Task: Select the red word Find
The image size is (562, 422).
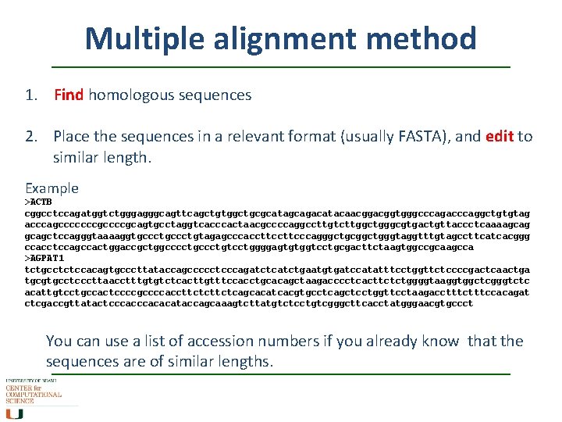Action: pyautogui.click(x=69, y=95)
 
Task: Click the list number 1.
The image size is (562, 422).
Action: pyautogui.click(x=30, y=95)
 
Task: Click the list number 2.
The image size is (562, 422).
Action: pyautogui.click(x=30, y=137)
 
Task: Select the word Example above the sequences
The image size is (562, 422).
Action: pyautogui.click(x=52, y=188)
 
